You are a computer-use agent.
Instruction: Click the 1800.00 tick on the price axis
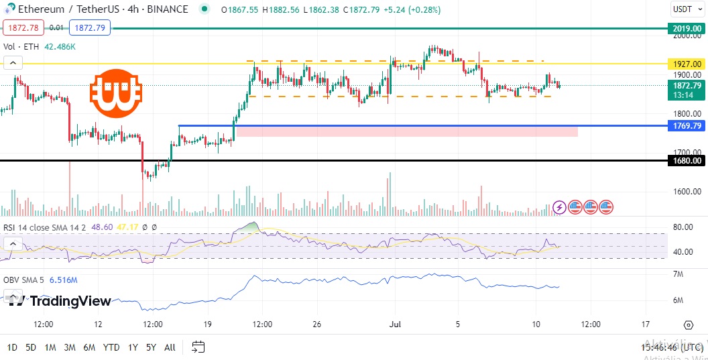[x=687, y=114]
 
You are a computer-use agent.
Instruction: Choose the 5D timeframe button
[x=31, y=347]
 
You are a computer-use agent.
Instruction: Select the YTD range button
[x=111, y=347]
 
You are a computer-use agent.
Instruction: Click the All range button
[x=170, y=347]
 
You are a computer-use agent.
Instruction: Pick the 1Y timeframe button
[x=133, y=347]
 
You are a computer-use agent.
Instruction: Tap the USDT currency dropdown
[x=687, y=9]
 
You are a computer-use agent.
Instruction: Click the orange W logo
[x=115, y=92]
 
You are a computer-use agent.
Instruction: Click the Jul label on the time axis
[x=396, y=324]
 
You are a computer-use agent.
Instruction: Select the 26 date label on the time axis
[x=316, y=324]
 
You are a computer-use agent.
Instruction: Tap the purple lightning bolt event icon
[x=558, y=207]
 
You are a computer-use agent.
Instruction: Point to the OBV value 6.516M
[x=64, y=280]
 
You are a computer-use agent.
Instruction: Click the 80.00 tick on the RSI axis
[x=683, y=227]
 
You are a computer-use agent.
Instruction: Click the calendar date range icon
[x=198, y=347]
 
